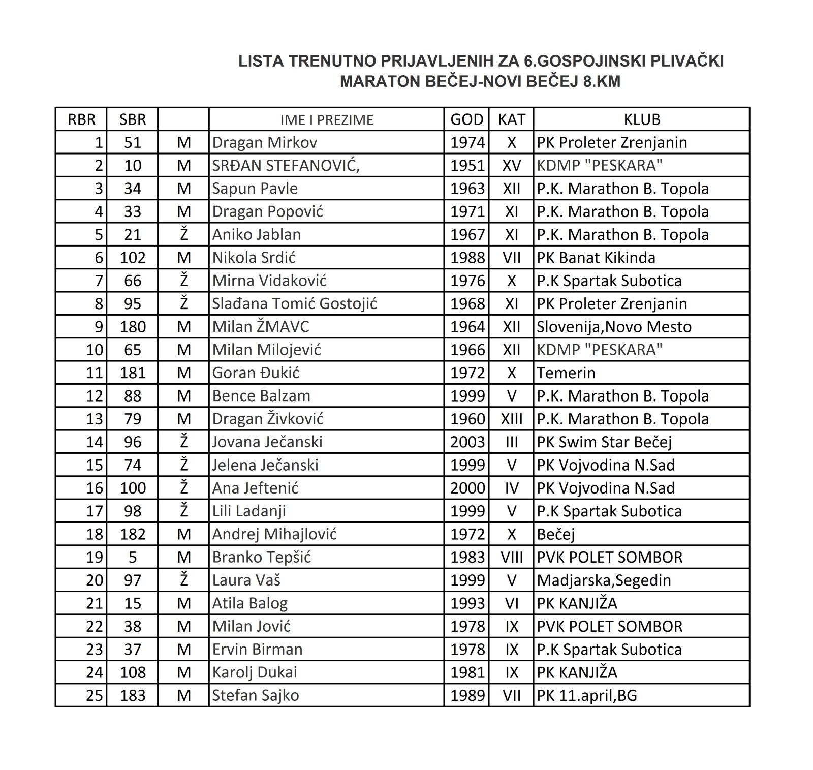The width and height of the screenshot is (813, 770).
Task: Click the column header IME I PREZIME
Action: (x=327, y=119)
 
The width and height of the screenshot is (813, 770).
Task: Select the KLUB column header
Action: (x=642, y=119)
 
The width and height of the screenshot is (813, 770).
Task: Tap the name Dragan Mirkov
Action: (x=264, y=142)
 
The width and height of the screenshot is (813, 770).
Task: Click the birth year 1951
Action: (x=467, y=165)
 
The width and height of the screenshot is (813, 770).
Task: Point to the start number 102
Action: (x=132, y=258)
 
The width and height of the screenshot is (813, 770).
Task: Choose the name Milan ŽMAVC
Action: (x=260, y=327)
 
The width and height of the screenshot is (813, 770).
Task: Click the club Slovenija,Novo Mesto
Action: (x=614, y=327)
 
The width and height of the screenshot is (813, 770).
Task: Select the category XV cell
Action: (x=511, y=165)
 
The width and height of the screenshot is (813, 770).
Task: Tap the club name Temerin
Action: (x=566, y=373)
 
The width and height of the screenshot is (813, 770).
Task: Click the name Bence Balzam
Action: (x=261, y=396)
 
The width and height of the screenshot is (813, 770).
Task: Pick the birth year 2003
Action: (x=467, y=442)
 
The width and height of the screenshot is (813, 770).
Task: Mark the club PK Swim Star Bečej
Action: (x=604, y=442)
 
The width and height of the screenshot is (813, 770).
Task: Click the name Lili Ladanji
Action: (x=249, y=511)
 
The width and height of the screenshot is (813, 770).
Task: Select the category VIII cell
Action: (x=511, y=558)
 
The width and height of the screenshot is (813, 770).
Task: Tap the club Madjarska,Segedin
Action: (x=604, y=580)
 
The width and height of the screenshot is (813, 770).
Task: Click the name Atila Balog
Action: (x=249, y=603)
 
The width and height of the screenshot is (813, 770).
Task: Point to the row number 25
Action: (x=95, y=695)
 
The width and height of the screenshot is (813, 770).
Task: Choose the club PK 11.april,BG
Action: (x=587, y=695)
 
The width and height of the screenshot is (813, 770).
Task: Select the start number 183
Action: (x=132, y=695)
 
